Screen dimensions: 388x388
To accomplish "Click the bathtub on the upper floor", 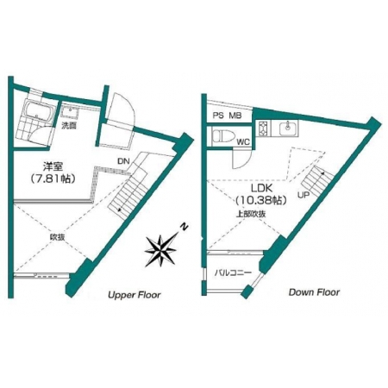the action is [x=37, y=110].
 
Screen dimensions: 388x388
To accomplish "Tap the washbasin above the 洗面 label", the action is [x=69, y=112].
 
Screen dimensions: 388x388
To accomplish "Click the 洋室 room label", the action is [x=53, y=166].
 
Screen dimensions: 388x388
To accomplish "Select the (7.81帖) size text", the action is [x=53, y=179].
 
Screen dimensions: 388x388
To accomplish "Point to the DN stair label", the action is [x=123, y=161].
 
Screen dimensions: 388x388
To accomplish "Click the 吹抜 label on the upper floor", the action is [x=57, y=237].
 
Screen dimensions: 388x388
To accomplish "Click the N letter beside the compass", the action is [x=184, y=228].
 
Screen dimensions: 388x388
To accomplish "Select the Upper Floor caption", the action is [x=135, y=295].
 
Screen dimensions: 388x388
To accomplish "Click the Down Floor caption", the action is [x=314, y=292].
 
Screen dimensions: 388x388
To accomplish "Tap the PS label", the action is [x=218, y=116].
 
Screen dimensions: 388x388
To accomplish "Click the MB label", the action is [x=235, y=116].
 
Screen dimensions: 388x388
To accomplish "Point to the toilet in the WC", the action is [x=223, y=135].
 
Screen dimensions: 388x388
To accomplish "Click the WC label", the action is [x=244, y=142].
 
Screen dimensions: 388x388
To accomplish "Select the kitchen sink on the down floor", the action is [x=288, y=128].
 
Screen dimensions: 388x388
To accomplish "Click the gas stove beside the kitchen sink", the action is [x=263, y=128].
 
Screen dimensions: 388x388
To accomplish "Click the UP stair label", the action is [x=304, y=195].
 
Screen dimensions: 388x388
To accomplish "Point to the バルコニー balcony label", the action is [x=233, y=272].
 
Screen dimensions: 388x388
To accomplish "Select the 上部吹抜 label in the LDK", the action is [x=251, y=214].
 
